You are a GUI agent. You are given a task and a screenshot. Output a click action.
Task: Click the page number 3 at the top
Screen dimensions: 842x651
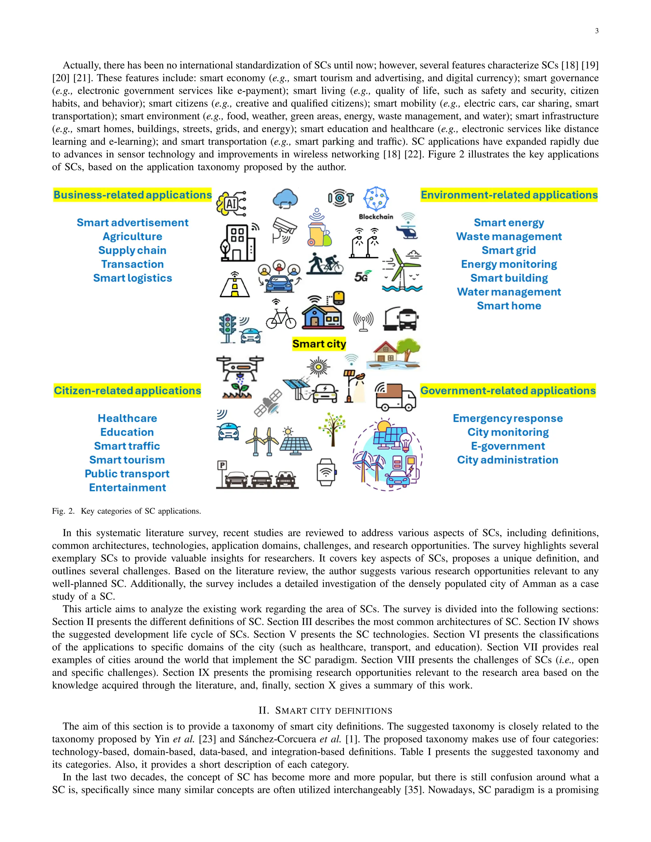point(597,31)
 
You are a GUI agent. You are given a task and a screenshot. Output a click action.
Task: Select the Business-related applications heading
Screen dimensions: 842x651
point(132,195)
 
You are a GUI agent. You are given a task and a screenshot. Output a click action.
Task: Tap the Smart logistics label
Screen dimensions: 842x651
point(132,278)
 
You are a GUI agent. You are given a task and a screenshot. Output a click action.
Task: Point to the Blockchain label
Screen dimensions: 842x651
point(376,217)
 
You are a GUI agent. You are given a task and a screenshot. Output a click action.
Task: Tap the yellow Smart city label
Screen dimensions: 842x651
point(319,343)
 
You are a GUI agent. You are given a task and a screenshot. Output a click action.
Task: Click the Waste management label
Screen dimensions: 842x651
point(509,236)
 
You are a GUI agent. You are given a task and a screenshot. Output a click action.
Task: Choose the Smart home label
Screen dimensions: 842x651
point(509,306)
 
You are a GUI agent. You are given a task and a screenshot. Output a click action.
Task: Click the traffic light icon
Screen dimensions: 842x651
point(228,328)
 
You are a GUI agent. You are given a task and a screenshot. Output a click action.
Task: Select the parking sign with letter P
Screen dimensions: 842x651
point(222,466)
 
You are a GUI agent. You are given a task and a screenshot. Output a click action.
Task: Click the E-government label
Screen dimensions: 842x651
point(508,446)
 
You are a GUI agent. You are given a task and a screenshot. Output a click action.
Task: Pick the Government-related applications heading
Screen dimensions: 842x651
point(508,391)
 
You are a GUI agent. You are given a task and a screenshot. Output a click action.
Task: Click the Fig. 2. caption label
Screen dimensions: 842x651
point(64,511)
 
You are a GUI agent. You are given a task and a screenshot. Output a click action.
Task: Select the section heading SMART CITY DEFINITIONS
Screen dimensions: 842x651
point(325,710)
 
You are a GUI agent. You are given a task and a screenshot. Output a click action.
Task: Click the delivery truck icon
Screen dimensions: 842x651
point(396,397)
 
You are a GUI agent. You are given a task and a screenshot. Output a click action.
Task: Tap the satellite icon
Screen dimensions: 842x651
point(268,403)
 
